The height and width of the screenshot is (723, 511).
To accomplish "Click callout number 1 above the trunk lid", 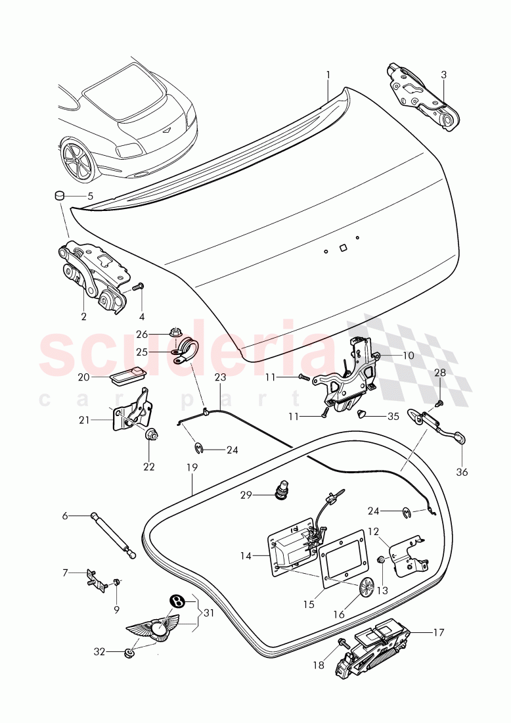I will point(328,75).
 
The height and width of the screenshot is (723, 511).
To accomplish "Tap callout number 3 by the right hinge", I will point(443,75).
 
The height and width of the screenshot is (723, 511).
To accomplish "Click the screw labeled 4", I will point(137,287).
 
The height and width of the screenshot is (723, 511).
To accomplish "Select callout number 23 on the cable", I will point(219,377).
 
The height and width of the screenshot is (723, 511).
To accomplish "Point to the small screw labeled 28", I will point(439,402).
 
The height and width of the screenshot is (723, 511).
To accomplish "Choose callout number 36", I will point(462,472).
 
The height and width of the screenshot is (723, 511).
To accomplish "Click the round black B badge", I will point(175,600).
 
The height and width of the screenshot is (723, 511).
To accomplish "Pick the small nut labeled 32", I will point(129,652).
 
